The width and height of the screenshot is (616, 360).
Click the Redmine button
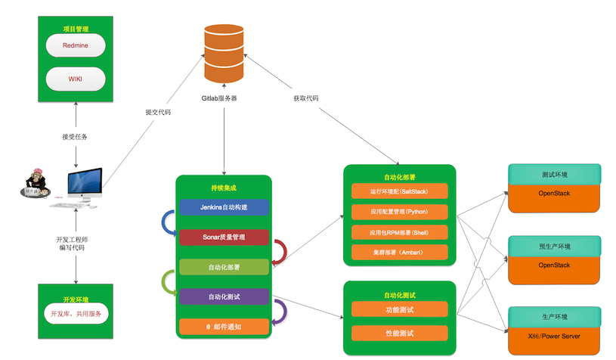[x=75, y=45]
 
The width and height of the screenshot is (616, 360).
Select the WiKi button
[x=75, y=79]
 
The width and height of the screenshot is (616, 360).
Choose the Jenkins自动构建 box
[x=224, y=206]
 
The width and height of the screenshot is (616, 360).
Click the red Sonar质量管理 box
[x=224, y=237]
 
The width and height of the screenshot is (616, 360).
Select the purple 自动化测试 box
[x=224, y=296]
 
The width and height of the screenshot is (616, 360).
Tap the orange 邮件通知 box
[x=224, y=327]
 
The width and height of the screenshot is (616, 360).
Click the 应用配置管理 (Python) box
[x=400, y=211]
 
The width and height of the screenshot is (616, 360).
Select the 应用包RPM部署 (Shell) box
[x=400, y=231]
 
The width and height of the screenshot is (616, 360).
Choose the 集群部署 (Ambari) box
[x=400, y=252]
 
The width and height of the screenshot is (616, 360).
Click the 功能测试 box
[x=400, y=309]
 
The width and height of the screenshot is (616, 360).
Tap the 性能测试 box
[x=400, y=333]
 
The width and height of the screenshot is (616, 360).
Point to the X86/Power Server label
[x=555, y=336]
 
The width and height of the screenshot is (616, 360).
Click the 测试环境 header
[x=555, y=175]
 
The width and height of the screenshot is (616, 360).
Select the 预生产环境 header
[x=555, y=247]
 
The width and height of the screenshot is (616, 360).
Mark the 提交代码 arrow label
[x=158, y=112]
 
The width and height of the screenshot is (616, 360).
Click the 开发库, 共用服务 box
[x=75, y=313]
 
